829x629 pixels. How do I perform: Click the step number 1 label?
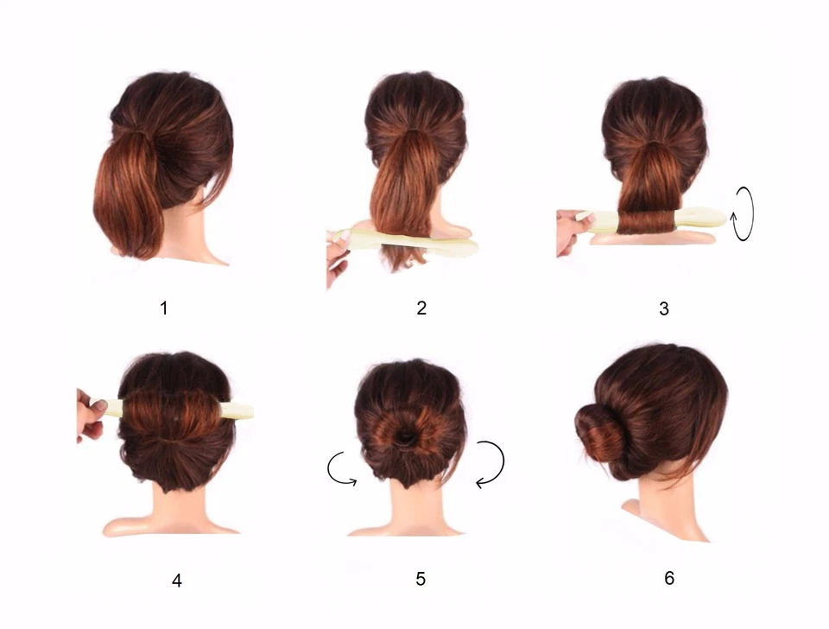[164, 308]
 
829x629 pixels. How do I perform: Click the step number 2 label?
[421, 308]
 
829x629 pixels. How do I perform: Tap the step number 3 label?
[663, 308]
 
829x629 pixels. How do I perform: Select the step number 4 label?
[177, 581]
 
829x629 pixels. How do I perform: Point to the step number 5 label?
[421, 579]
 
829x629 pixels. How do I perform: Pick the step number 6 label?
[669, 578]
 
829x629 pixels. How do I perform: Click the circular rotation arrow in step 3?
[743, 211]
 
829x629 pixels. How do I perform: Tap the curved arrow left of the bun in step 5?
[342, 470]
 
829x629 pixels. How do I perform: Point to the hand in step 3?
[570, 232]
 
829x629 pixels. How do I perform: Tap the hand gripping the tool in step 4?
[90, 415]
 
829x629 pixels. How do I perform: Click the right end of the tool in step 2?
[466, 248]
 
